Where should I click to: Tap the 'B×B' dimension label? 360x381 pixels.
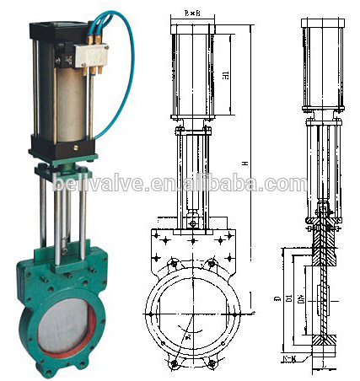(x=191, y=14)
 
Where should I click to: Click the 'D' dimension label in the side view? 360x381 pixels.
(x=277, y=299)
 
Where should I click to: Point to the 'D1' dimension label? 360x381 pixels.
(x=288, y=299)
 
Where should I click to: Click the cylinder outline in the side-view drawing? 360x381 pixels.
(x=324, y=67)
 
